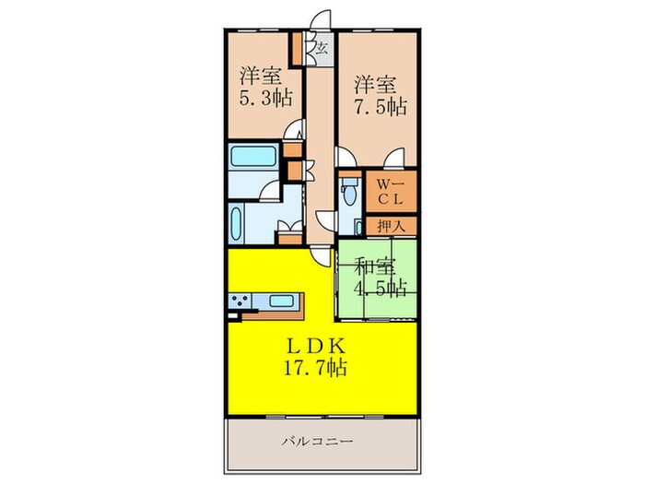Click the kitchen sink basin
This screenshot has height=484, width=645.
tap(280, 300)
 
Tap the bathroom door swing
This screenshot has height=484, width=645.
tap(270, 192)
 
